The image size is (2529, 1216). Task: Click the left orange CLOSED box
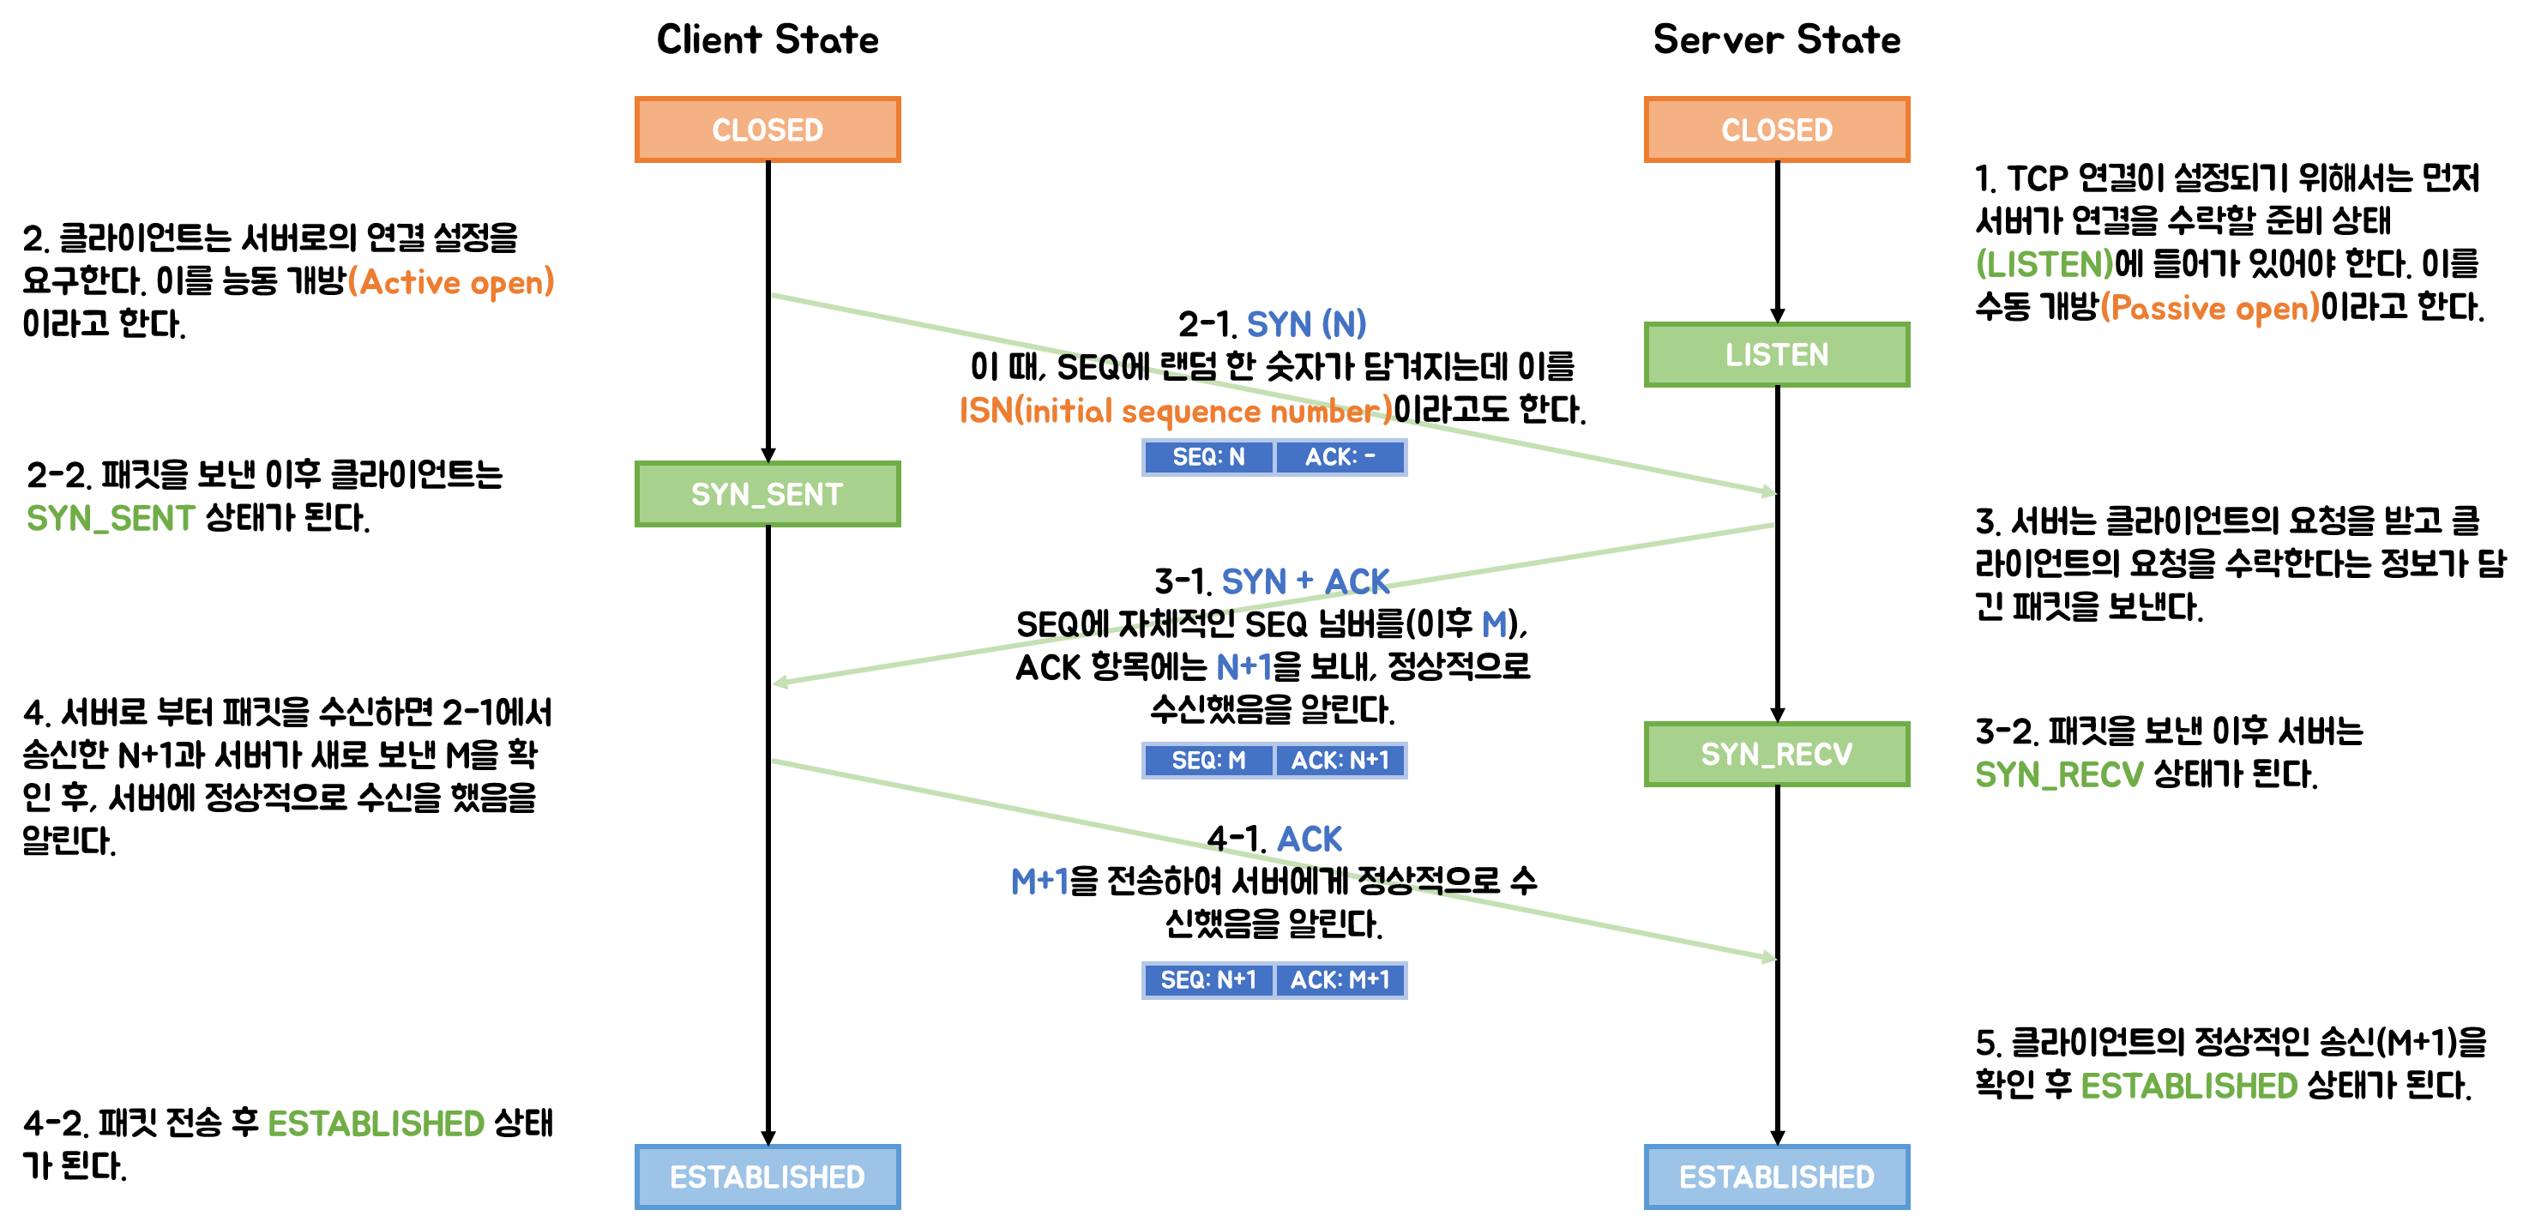click(767, 129)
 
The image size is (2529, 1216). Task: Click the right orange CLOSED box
click(1776, 129)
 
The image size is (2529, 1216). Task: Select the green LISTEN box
click(1776, 354)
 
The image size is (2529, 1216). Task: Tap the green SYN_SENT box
click(767, 494)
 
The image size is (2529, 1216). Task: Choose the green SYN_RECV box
click(1776, 754)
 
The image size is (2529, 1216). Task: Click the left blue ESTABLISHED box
click(767, 1176)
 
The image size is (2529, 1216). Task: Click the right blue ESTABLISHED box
click(1776, 1176)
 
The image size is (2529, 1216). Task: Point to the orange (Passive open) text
click(2209, 308)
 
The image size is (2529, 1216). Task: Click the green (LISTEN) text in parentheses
click(2044, 264)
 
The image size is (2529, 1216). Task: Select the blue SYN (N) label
click(1306, 324)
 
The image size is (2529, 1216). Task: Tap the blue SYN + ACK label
click(1304, 581)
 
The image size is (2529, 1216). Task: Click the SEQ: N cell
click(1208, 457)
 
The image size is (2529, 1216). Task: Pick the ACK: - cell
click(1340, 457)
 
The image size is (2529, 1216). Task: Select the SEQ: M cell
click(1208, 761)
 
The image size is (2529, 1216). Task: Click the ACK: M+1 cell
click(1340, 979)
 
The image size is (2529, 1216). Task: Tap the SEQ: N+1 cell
click(1208, 979)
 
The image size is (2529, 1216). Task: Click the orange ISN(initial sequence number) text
click(1175, 410)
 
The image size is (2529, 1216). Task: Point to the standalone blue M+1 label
click(1039, 881)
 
